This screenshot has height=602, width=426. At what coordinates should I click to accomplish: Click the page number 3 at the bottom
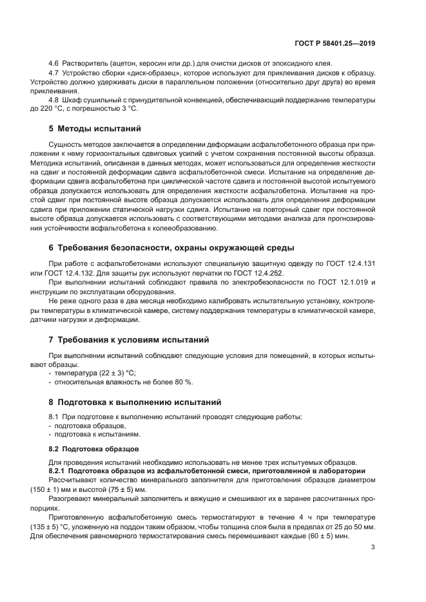(373, 547)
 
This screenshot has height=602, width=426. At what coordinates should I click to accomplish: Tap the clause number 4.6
(54, 63)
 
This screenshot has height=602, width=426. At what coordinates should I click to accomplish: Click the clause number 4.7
(54, 73)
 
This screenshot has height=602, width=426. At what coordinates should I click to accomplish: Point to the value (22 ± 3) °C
(113, 373)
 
